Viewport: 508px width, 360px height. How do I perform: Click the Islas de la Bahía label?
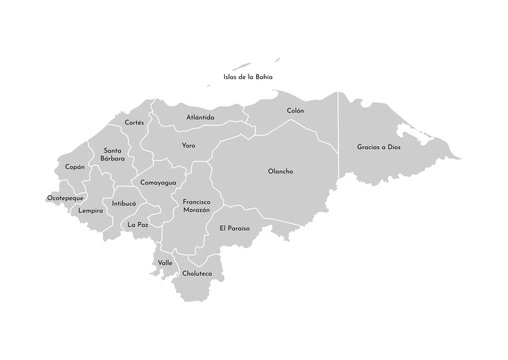coord(248,76)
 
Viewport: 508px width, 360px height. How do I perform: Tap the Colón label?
coord(295,110)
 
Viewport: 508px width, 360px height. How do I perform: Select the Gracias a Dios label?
coord(378,147)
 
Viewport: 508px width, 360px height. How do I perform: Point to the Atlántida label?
coord(200,117)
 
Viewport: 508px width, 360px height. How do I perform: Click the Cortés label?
coord(134,122)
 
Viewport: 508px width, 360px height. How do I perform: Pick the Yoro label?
coord(188,146)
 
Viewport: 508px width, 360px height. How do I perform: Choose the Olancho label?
coord(281,171)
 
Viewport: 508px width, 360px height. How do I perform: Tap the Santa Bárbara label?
coord(113,154)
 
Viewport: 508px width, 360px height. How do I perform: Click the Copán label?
coord(74,167)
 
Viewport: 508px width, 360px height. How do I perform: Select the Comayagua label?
coord(158,183)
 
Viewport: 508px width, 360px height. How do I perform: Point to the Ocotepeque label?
coord(65,198)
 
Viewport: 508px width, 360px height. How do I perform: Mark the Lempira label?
coord(91,211)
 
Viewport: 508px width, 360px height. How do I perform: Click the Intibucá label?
coord(124,203)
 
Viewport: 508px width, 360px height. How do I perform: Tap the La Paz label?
coord(137,225)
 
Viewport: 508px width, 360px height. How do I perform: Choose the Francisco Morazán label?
coord(196,207)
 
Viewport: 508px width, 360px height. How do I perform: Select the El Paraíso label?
coord(234,228)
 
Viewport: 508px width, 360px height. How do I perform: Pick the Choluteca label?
coord(196,273)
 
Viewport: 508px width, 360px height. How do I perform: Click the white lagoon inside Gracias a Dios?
coord(407,130)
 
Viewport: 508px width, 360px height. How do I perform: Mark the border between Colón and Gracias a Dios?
coord(340,140)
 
